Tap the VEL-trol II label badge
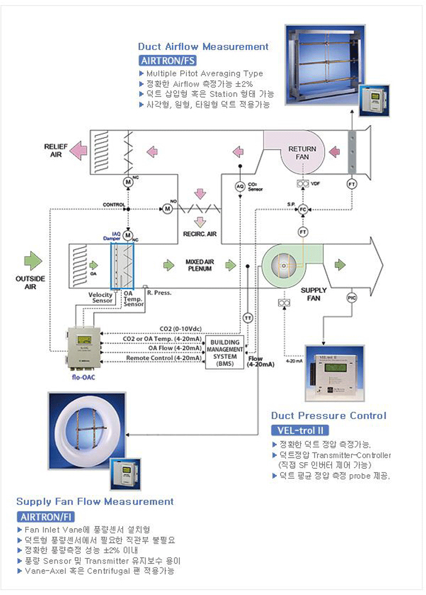tap(299, 430)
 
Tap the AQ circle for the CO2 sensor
tap(241, 186)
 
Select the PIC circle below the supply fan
tap(352, 297)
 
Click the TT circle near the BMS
tap(247, 318)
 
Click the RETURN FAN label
tap(302, 153)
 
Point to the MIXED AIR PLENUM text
tap(199, 264)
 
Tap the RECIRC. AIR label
tap(199, 235)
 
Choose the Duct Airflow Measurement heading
tap(203, 46)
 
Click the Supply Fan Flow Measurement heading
tap(95, 502)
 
